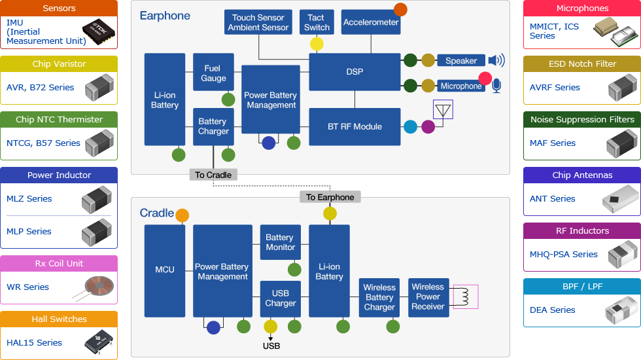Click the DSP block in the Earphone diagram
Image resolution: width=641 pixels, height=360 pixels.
(x=355, y=71)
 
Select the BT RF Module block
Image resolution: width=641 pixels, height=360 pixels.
(x=355, y=126)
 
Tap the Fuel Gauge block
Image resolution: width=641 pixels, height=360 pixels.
(x=213, y=73)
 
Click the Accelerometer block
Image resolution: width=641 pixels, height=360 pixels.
(x=371, y=22)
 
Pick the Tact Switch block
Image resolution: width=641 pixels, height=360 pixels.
(x=317, y=22)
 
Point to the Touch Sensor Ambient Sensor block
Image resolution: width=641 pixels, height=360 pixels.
(x=258, y=22)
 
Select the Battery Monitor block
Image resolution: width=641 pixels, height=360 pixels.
(x=280, y=242)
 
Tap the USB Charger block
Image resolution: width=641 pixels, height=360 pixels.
(x=280, y=298)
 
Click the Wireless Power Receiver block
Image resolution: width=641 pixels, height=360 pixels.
(x=428, y=297)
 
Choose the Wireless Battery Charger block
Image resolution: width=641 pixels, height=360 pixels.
(x=379, y=297)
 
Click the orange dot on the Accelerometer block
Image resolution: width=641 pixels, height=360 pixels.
(x=400, y=9)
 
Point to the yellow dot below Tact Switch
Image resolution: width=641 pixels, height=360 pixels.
(x=317, y=44)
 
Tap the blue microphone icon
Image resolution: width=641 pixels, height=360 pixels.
(x=496, y=86)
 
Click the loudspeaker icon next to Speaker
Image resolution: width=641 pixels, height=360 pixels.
(x=496, y=61)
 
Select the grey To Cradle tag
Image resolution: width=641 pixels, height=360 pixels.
(x=213, y=175)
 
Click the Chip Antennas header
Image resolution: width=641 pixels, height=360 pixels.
(x=582, y=175)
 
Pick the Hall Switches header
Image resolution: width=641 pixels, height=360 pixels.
(x=59, y=319)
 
